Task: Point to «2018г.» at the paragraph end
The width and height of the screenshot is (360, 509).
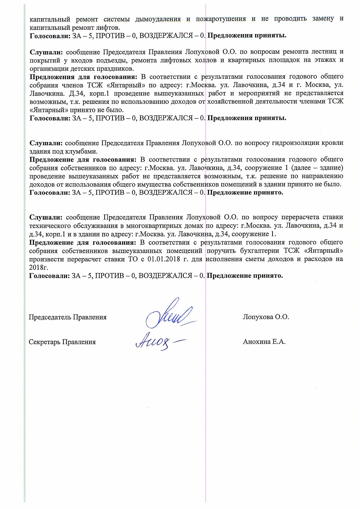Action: [38, 268]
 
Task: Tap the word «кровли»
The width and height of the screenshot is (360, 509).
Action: [332, 143]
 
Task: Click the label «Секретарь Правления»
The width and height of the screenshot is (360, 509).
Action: [62, 342]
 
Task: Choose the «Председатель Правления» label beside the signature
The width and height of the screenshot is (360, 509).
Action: [67, 317]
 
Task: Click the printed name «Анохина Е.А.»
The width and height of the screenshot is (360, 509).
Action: [264, 342]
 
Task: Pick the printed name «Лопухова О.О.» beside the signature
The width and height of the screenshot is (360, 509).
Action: [266, 317]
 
